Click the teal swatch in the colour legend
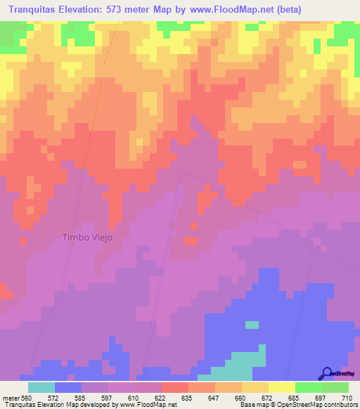click(x=41, y=387)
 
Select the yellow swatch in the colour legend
click(x=282, y=387)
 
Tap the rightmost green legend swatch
click(x=335, y=387)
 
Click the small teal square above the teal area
click(x=252, y=325)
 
